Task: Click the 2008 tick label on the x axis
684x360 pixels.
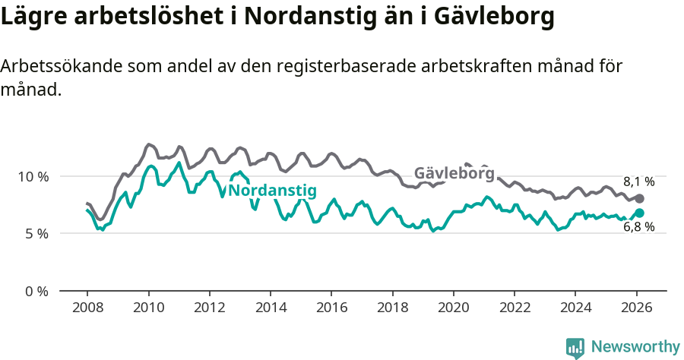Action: tap(87, 309)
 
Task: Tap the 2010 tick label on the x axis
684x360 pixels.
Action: tap(148, 309)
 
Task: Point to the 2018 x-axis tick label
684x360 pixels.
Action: tap(392, 309)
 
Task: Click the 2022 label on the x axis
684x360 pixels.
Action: tap(515, 309)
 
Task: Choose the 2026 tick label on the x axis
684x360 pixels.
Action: tap(636, 309)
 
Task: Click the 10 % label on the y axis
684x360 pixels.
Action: tap(33, 176)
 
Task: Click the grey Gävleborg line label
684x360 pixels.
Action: tap(454, 173)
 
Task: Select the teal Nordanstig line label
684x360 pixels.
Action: tap(272, 191)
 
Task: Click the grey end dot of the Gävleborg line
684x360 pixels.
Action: tap(639, 198)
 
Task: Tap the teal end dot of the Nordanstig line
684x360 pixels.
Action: tap(639, 213)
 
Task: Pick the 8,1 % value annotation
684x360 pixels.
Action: tap(638, 182)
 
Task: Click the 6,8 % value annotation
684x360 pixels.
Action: tap(638, 227)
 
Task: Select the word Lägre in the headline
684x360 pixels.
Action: tap(34, 17)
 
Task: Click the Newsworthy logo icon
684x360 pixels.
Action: tap(575, 347)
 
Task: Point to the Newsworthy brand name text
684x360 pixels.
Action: tap(635, 347)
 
